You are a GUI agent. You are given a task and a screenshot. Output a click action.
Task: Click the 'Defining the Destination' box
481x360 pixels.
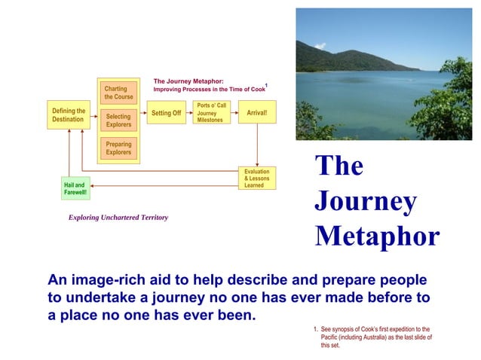click(x=68, y=114)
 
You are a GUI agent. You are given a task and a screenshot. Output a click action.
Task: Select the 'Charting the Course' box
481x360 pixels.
click(x=118, y=93)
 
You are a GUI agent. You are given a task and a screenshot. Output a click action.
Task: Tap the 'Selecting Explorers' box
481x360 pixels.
click(x=118, y=121)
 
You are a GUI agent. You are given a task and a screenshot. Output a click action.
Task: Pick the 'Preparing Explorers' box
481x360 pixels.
click(x=118, y=148)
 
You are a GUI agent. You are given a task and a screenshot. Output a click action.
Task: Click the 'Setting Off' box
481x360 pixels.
click(x=166, y=113)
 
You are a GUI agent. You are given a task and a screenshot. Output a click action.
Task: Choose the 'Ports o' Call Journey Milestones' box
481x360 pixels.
click(x=211, y=113)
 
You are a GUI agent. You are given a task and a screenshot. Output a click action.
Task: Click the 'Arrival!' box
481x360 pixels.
click(x=257, y=113)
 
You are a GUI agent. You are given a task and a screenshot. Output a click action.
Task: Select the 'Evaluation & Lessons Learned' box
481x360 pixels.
click(x=257, y=178)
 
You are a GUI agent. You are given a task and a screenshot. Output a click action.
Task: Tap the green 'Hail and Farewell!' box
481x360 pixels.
click(x=75, y=188)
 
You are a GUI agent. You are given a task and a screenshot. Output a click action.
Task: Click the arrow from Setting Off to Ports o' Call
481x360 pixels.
click(x=189, y=113)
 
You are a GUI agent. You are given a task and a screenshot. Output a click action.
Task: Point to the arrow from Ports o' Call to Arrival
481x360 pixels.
click(x=233, y=113)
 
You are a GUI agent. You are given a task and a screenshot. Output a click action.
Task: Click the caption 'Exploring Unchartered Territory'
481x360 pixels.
click(x=118, y=218)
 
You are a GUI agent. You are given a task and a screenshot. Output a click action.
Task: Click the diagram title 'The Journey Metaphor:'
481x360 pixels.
click(x=188, y=81)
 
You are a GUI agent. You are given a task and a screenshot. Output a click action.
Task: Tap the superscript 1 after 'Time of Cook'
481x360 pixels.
click(x=266, y=86)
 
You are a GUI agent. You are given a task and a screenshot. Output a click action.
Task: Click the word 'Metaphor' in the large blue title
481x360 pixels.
click(x=376, y=236)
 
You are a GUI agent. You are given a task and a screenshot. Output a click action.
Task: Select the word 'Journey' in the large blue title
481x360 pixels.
click(x=365, y=201)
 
